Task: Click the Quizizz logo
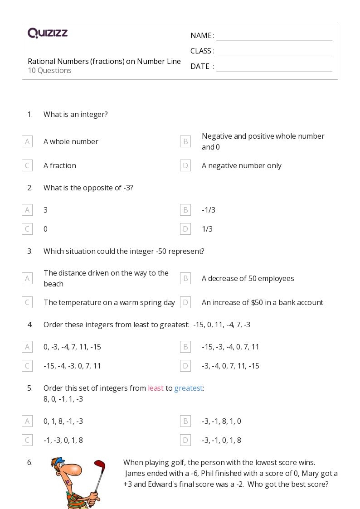pyautogui.click(x=48, y=33)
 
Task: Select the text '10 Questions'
pyautogui.click(x=49, y=71)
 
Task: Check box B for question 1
pyautogui.click(x=185, y=141)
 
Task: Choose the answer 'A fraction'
pyautogui.click(x=60, y=166)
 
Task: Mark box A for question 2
pyautogui.click(x=27, y=210)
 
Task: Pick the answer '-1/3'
pyautogui.click(x=209, y=210)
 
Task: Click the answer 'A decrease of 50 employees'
pyautogui.click(x=248, y=278)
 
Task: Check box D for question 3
pyautogui.click(x=185, y=302)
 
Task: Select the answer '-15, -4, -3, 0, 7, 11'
pyautogui.click(x=72, y=366)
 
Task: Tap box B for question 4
pyautogui.click(x=185, y=347)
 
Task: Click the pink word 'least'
pyautogui.click(x=156, y=388)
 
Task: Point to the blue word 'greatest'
pyautogui.click(x=188, y=388)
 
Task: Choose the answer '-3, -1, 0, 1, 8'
pyautogui.click(x=221, y=440)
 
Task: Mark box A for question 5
pyautogui.click(x=27, y=421)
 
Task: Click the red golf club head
pyautogui.click(x=99, y=465)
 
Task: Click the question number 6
pyautogui.click(x=30, y=462)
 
